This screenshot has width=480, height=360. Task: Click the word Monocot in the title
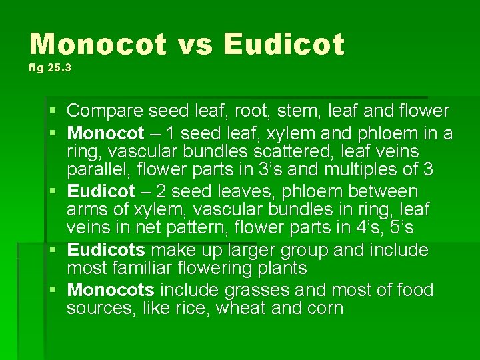click(x=97, y=45)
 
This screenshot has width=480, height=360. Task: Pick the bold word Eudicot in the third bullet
click(x=101, y=191)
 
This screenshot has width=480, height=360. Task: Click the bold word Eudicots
click(x=106, y=250)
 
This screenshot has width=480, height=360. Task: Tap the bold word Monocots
click(x=111, y=290)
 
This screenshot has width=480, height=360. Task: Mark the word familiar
click(x=143, y=269)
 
